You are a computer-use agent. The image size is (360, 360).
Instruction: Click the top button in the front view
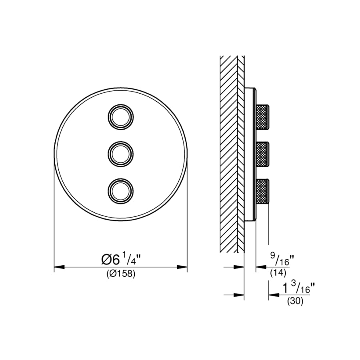pyautogui.click(x=120, y=116)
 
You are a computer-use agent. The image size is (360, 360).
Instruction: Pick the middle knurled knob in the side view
pyautogui.click(x=262, y=154)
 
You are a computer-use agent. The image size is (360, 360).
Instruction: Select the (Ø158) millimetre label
pyautogui.click(x=121, y=274)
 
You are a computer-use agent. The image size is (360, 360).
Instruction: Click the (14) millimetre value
pyautogui.click(x=278, y=273)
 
